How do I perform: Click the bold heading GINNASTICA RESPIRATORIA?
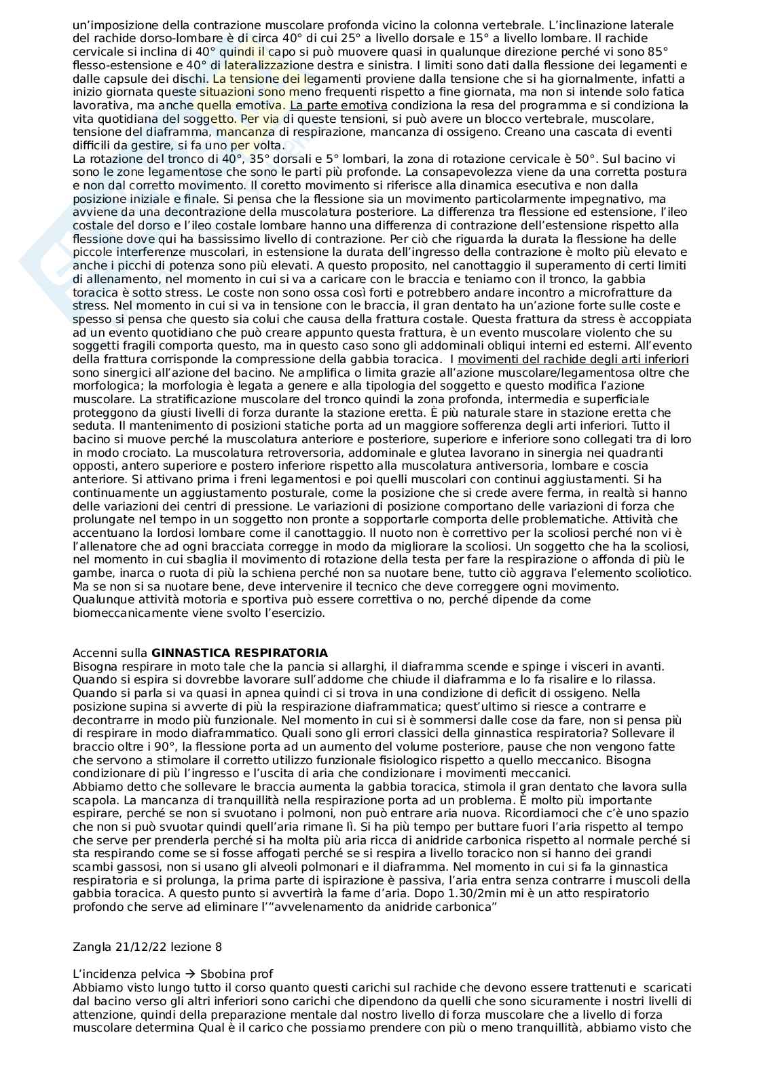tap(240, 653)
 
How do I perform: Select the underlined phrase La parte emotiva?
tap(338, 105)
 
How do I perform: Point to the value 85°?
tap(656, 52)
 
